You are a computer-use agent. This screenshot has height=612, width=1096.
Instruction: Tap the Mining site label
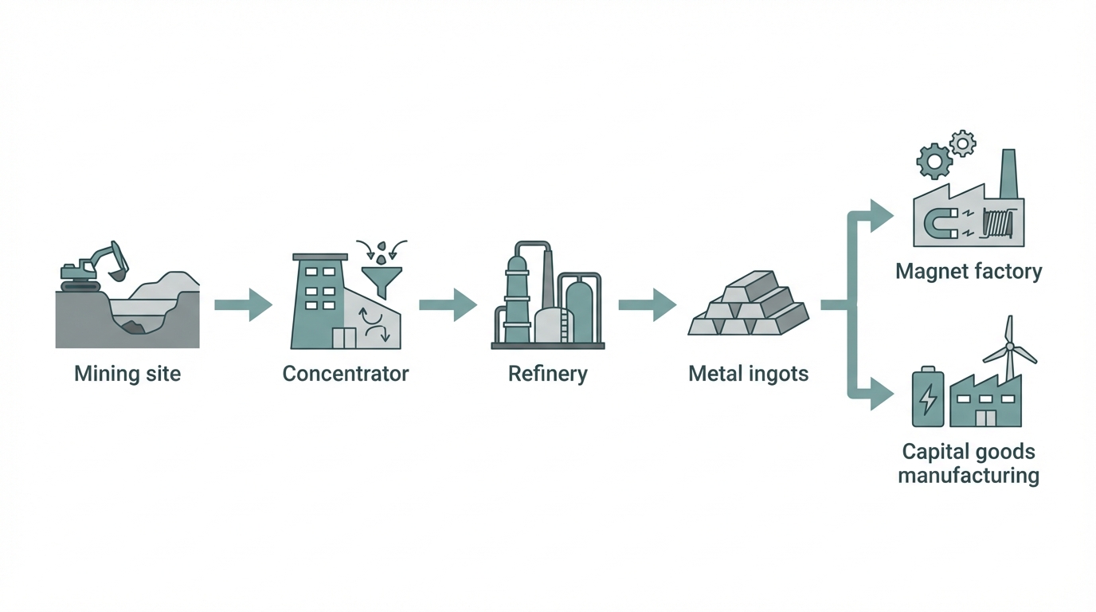pyautogui.click(x=127, y=373)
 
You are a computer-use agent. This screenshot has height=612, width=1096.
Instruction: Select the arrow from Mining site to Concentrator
pyautogui.click(x=244, y=304)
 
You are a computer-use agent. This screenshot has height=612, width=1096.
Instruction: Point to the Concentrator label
pyautogui.click(x=346, y=373)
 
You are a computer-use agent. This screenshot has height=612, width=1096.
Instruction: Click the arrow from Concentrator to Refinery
pyautogui.click(x=448, y=304)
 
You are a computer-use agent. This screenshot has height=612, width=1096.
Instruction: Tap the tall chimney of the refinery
pyautogui.click(x=548, y=283)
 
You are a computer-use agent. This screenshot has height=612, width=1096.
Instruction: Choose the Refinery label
pyautogui.click(x=548, y=373)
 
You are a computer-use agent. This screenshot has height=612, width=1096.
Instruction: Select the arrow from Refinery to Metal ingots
pyautogui.click(x=647, y=304)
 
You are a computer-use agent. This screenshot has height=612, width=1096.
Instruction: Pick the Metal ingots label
pyautogui.click(x=749, y=373)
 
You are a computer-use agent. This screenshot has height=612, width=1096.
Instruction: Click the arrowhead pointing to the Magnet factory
pyautogui.click(x=881, y=215)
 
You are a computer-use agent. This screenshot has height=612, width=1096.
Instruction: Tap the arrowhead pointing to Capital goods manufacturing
pyautogui.click(x=881, y=393)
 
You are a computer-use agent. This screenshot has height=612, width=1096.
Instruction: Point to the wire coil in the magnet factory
pyautogui.click(x=999, y=222)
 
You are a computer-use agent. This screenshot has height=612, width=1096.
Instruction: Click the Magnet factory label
pyautogui.click(x=969, y=272)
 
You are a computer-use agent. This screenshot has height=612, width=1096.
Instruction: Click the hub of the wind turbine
pyautogui.click(x=1009, y=347)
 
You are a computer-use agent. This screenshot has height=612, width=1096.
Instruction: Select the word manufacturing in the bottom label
pyautogui.click(x=969, y=477)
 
